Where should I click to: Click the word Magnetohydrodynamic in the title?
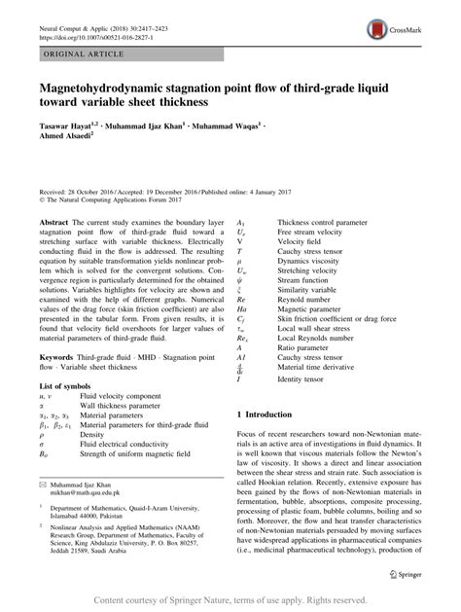(x=104, y=92)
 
